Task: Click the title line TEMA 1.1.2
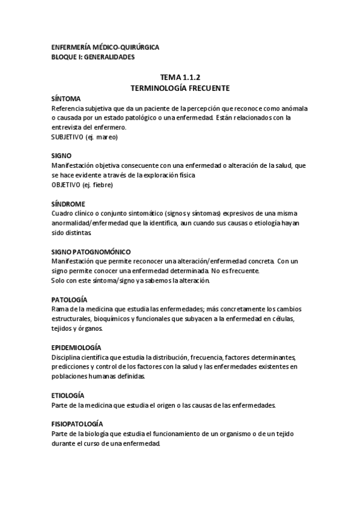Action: (x=180, y=78)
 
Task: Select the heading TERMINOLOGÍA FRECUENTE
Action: (x=180, y=88)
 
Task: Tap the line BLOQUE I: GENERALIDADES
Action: (x=93, y=57)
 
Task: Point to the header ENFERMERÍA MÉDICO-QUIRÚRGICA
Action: (x=105, y=48)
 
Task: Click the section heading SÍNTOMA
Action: (x=67, y=98)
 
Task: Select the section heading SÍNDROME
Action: (x=69, y=203)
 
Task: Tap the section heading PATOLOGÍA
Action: (x=70, y=299)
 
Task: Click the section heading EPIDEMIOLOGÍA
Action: (x=76, y=347)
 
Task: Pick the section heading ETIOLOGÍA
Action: (x=68, y=395)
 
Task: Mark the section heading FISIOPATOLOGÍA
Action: (x=77, y=424)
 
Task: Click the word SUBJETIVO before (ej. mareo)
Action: (x=68, y=137)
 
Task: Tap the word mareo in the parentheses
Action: (x=105, y=137)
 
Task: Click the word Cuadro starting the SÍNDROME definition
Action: (x=63, y=214)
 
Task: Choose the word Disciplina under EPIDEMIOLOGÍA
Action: (x=67, y=357)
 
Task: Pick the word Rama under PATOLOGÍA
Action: (x=60, y=309)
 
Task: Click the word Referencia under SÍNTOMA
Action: (x=70, y=108)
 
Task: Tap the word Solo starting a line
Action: (x=59, y=280)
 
